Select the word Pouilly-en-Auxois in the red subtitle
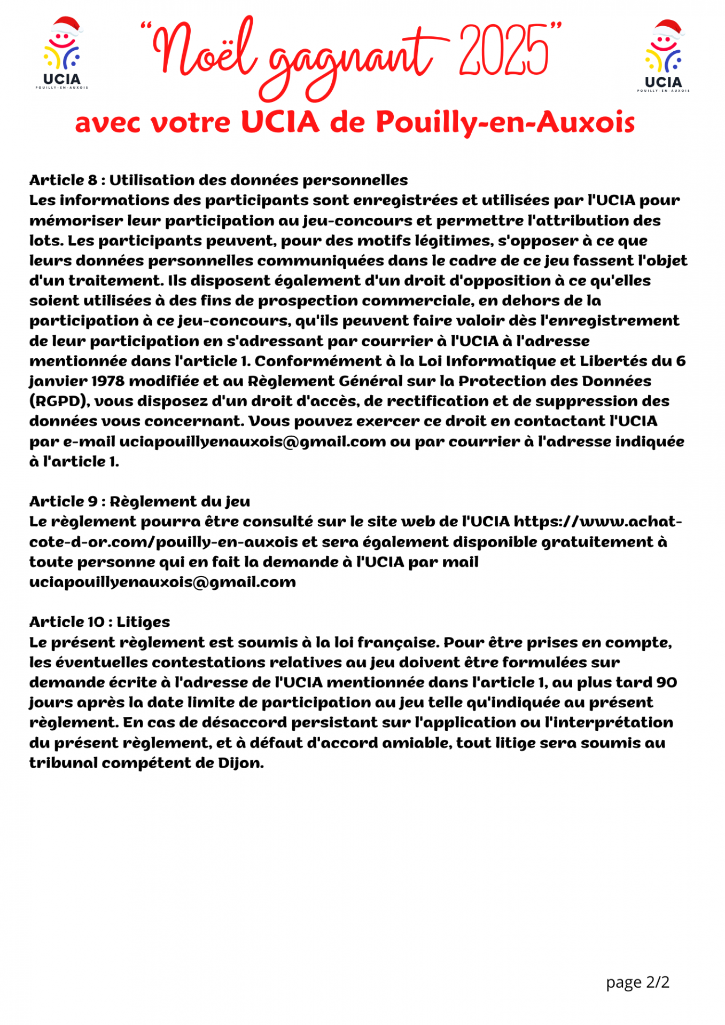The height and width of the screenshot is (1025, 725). (x=505, y=122)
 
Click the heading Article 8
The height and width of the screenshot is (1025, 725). (x=64, y=180)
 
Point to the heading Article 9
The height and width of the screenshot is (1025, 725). (x=64, y=502)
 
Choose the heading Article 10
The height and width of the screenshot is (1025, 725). (x=67, y=622)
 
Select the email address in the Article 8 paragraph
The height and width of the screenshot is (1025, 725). (x=252, y=442)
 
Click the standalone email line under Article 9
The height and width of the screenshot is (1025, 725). (x=162, y=582)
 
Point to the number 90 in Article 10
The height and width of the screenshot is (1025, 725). (x=666, y=683)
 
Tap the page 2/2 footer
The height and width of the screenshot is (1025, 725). (x=637, y=982)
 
